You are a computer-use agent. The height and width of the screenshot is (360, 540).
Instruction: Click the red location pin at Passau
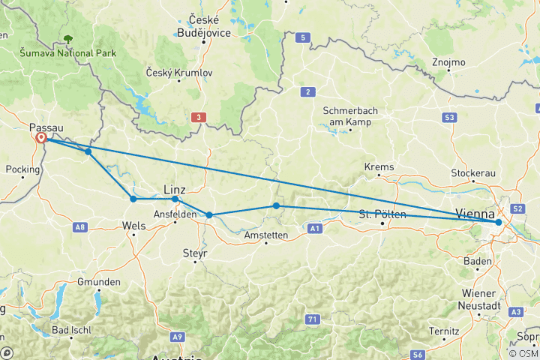pyautogui.click(x=40, y=139)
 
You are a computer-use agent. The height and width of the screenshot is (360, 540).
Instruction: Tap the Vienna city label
pyautogui.click(x=475, y=212)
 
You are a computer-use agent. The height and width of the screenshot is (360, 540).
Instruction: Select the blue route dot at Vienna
pyautogui.click(x=499, y=222)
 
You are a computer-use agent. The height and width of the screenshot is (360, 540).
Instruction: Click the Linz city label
pyautogui.click(x=175, y=190)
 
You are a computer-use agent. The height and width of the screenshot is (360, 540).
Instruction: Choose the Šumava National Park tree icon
pyautogui.click(x=68, y=38)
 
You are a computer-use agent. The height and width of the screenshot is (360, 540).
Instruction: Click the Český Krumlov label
pyautogui.click(x=181, y=73)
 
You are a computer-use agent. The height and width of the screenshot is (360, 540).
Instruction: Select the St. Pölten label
pyautogui.click(x=382, y=214)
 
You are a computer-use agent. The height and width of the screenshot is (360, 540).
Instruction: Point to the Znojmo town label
pyautogui.click(x=448, y=62)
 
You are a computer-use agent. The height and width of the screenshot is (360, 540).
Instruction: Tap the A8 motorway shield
pyautogui.click(x=80, y=226)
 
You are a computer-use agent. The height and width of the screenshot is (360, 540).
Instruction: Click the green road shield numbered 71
pyautogui.click(x=311, y=298)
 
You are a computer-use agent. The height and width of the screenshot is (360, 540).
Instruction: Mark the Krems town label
pyautogui.click(x=379, y=166)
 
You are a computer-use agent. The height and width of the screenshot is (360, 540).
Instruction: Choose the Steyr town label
pyautogui.click(x=194, y=253)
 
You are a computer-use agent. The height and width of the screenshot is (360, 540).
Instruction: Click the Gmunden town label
pyautogui.click(x=98, y=282)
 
